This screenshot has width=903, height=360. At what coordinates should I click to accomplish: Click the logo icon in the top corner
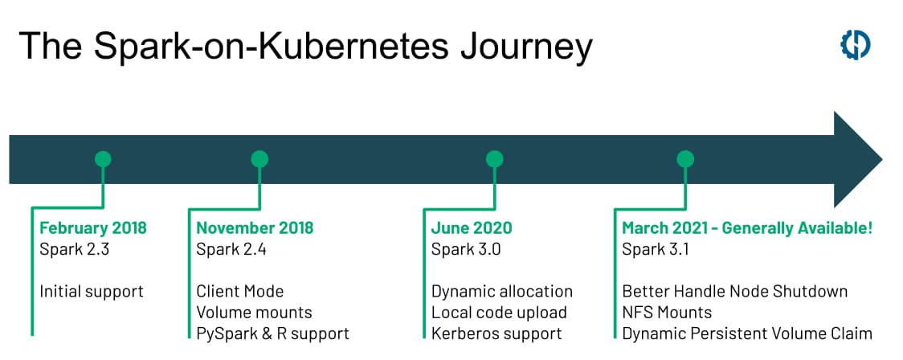click(856, 45)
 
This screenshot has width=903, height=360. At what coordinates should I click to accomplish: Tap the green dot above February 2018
click(103, 159)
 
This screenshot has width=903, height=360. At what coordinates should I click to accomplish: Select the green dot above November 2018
click(259, 159)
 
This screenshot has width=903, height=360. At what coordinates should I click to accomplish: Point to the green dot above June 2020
click(494, 159)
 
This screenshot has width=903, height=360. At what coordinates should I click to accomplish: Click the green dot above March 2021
click(685, 159)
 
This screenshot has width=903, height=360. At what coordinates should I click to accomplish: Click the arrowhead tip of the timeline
click(881, 159)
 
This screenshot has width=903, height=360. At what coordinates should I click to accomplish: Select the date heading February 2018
click(93, 228)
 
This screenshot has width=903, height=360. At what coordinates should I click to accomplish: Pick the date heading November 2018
click(255, 228)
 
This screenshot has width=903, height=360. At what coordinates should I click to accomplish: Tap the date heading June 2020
click(472, 228)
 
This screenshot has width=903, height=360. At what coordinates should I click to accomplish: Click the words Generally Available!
click(797, 228)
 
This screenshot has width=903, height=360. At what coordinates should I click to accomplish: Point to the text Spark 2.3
click(74, 250)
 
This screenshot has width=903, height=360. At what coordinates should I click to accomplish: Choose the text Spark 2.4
click(231, 250)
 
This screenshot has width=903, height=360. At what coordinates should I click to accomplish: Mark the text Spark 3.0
click(467, 250)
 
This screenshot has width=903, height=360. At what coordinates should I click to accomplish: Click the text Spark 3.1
click(656, 250)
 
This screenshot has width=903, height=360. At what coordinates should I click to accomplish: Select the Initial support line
click(92, 292)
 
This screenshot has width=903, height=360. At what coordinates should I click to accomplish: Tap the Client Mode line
click(240, 291)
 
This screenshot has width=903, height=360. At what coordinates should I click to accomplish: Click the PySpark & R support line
click(273, 333)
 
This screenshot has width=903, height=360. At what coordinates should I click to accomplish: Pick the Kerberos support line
click(496, 333)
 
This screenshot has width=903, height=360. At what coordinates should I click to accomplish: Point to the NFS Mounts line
click(668, 313)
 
